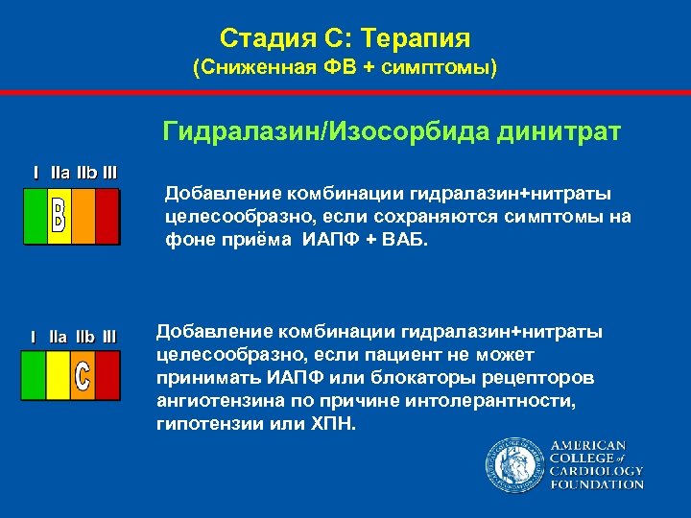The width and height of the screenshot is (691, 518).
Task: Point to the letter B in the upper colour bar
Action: [59, 216]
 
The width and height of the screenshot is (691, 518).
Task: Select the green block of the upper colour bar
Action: [36, 216]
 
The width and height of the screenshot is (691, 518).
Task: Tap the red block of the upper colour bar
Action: [107, 216]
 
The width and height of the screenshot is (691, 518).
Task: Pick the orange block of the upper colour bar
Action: [83, 216]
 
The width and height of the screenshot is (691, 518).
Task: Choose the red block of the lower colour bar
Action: [107, 375]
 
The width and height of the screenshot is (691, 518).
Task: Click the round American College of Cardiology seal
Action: [514, 464]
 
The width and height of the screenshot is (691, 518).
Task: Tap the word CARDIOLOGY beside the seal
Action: [596, 471]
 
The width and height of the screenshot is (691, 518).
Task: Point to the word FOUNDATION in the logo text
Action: [596, 484]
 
